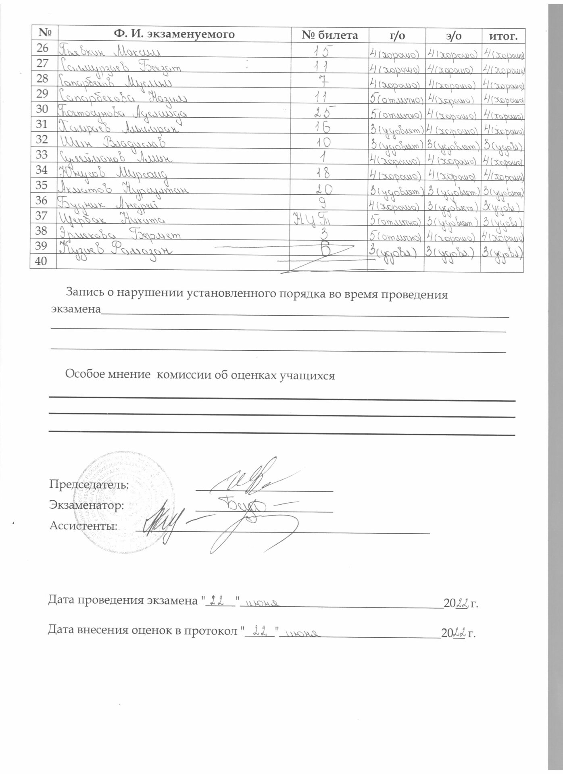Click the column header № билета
point(329,35)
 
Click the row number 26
point(42,48)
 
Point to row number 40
point(42,261)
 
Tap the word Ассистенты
point(83,526)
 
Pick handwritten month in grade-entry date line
point(300,634)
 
